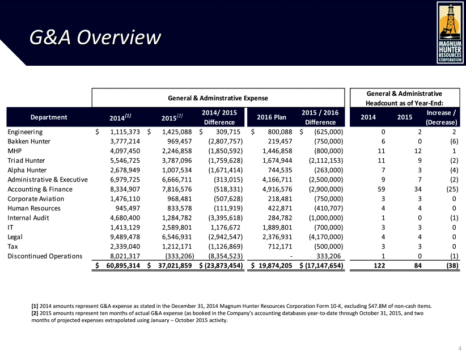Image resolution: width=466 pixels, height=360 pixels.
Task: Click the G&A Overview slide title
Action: click(95, 38)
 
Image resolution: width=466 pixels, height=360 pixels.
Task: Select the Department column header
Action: click(48, 117)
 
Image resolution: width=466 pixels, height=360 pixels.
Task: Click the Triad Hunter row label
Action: click(27, 160)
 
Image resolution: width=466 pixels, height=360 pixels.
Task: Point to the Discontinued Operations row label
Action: click(45, 256)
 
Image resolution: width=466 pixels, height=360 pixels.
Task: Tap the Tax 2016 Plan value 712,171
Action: click(277, 247)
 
